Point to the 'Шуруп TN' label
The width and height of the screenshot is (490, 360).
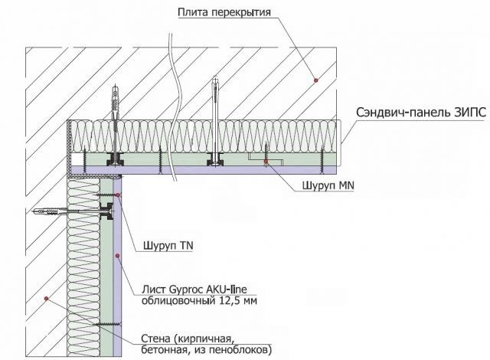click(168, 247)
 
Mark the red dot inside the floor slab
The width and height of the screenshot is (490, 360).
click(313, 79)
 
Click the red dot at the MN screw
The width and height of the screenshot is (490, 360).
click(266, 162)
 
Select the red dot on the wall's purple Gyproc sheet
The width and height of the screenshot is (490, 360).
click(116, 255)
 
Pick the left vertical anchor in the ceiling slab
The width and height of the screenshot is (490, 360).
click(116, 100)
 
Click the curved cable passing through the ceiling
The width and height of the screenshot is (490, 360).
click(174, 92)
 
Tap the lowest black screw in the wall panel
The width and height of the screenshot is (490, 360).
click(102, 327)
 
